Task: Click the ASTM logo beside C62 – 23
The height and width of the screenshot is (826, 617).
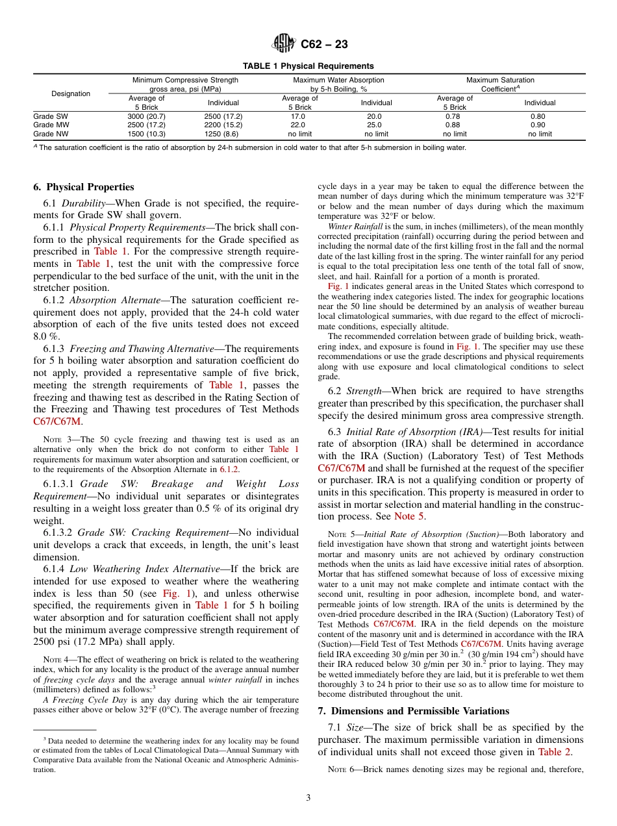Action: click(x=284, y=44)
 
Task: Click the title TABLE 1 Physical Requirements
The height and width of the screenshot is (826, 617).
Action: click(x=308, y=66)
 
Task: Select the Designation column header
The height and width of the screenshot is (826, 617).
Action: click(x=71, y=94)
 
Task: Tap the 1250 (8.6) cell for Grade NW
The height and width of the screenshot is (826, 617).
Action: click(x=223, y=134)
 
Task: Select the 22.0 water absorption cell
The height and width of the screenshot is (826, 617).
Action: click(x=297, y=125)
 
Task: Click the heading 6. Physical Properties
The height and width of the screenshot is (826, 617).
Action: click(x=84, y=187)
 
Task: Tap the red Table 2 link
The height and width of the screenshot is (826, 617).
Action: click(x=555, y=752)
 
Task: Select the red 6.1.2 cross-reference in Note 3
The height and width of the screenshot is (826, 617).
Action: click(x=229, y=469)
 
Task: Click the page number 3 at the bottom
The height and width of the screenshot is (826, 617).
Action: click(x=308, y=798)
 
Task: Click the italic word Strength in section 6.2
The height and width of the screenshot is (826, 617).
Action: click(x=364, y=391)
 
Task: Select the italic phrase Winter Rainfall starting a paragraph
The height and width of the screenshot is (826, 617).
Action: click(x=349, y=227)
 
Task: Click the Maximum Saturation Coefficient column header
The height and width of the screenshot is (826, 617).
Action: click(x=500, y=84)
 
